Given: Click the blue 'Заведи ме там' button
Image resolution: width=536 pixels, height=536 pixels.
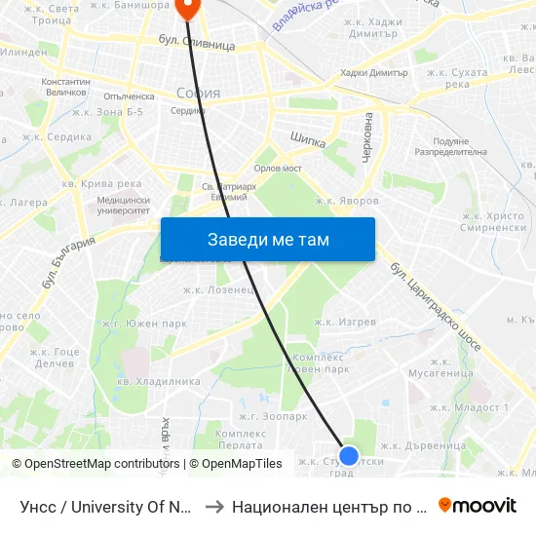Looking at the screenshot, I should click(x=268, y=240).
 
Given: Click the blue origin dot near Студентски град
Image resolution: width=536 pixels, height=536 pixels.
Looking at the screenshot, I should click(x=349, y=455).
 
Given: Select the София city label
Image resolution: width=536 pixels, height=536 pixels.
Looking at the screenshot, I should click(x=198, y=94).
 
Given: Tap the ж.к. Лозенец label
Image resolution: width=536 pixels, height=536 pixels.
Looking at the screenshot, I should click(x=219, y=289).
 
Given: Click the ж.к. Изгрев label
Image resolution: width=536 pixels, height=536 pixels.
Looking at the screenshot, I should click(x=345, y=322).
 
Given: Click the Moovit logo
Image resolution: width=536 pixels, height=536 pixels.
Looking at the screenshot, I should click(x=478, y=505).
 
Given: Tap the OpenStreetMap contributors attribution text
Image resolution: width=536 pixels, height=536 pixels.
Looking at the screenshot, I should click(x=96, y=464).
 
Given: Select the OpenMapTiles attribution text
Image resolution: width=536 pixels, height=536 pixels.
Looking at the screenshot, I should click(x=235, y=464).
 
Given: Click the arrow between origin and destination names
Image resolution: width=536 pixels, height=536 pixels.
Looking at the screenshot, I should click(x=213, y=506).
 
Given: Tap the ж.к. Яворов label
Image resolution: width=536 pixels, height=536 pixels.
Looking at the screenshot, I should click(x=346, y=201).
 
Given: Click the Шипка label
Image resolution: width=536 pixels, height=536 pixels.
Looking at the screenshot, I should click(x=307, y=139).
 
